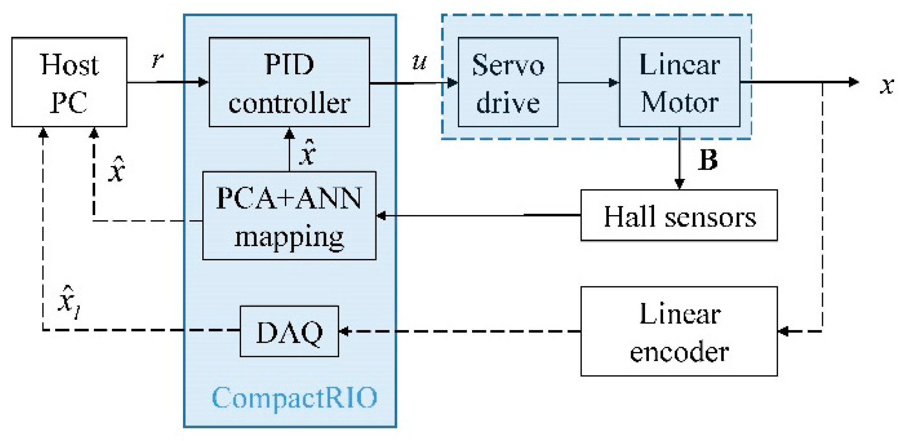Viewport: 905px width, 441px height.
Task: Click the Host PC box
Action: [69, 82]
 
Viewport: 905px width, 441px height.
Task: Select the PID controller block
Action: [289, 82]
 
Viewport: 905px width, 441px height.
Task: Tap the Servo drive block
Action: [508, 82]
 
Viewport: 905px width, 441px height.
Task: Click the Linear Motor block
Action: [679, 82]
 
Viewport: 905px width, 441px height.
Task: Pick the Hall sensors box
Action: [679, 216]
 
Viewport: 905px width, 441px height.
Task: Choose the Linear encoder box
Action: [679, 331]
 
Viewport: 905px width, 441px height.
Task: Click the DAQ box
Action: [289, 331]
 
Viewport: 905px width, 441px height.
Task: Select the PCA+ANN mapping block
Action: [289, 216]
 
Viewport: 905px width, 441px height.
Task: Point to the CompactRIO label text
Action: [294, 397]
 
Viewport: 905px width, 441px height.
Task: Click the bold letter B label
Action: [707, 160]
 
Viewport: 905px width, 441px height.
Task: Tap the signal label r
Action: [157, 59]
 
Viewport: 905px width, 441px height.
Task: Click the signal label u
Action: [419, 61]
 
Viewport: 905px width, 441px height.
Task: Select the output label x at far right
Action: [887, 85]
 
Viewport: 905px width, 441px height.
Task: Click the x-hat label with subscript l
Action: [69, 302]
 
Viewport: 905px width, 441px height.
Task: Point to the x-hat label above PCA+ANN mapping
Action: [307, 152]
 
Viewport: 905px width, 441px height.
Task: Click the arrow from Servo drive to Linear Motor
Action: [589, 83]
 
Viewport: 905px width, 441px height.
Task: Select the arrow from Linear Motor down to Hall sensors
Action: [679, 158]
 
